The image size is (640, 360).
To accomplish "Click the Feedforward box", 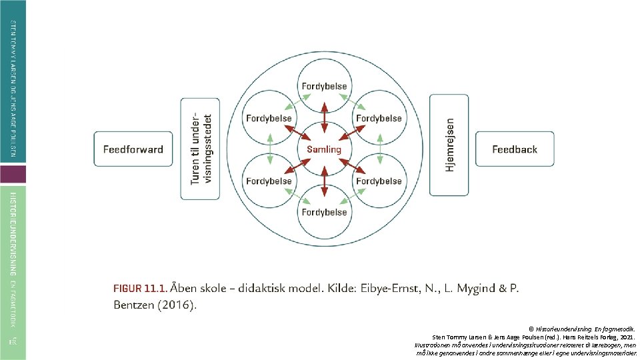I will (133, 149).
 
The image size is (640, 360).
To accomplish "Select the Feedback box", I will (514, 149).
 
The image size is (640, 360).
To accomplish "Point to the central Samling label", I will (324, 149).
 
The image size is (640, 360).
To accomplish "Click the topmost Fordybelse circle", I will (324, 86).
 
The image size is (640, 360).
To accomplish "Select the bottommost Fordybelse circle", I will (324, 212).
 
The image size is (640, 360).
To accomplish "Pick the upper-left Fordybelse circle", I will (269, 118).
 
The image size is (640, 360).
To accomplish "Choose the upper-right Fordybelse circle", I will (379, 118).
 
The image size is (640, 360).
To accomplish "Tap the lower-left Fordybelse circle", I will (269, 181).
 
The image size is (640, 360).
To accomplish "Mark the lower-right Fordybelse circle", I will (379, 181).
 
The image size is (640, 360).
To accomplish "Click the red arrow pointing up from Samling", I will (324, 113).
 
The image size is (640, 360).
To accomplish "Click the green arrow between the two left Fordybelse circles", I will (269, 149).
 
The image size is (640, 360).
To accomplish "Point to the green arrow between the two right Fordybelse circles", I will (379, 149).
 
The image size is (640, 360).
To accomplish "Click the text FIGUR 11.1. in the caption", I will (139, 289).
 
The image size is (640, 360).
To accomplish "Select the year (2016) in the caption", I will (175, 306).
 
